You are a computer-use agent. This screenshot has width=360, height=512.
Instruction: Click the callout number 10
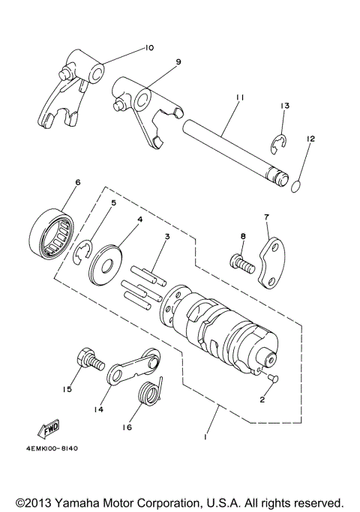click(x=149, y=48)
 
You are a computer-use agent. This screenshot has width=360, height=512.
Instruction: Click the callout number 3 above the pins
click(x=168, y=237)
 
